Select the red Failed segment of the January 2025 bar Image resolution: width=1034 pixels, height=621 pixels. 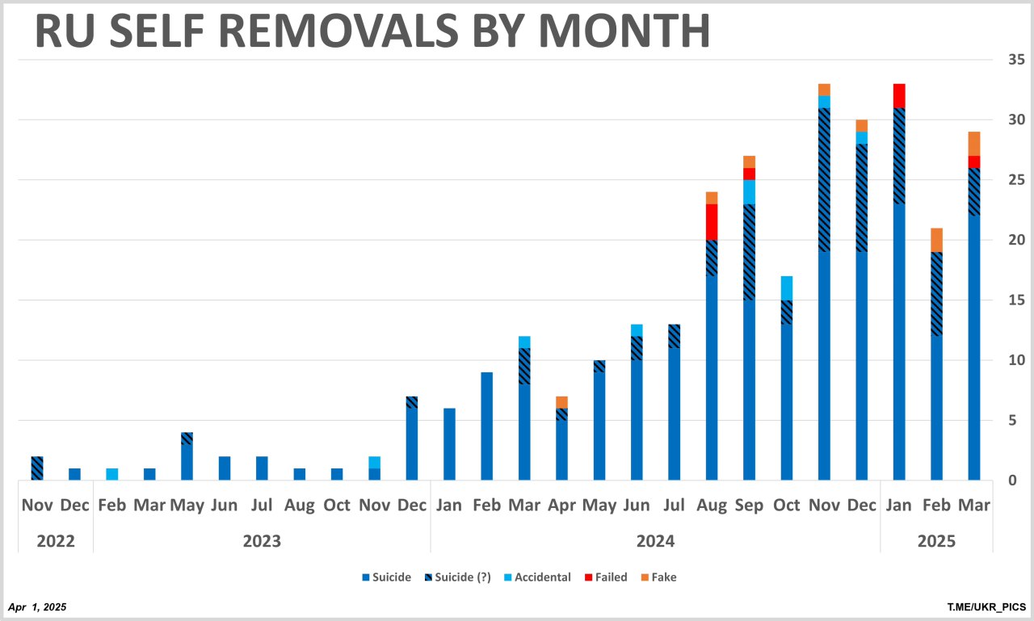(899, 95)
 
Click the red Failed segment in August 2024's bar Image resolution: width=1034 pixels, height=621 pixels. (712, 222)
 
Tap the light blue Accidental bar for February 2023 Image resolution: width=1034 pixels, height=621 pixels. (112, 474)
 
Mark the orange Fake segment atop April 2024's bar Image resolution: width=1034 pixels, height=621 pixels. (561, 402)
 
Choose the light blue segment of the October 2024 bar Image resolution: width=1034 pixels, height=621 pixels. (787, 288)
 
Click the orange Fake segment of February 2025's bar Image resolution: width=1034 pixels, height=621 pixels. (936, 240)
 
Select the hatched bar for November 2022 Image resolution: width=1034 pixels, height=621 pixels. (37, 468)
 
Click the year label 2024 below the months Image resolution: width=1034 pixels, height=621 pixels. (655, 541)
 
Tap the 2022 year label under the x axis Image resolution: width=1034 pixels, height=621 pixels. (56, 541)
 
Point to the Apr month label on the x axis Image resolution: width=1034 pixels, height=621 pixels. (561, 506)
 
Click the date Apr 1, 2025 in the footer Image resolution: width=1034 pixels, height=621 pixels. (37, 606)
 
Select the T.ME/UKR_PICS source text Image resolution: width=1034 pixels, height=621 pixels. (987, 606)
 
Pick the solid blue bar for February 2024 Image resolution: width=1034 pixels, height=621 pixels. (486, 426)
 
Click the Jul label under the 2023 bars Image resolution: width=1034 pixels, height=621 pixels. (262, 506)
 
